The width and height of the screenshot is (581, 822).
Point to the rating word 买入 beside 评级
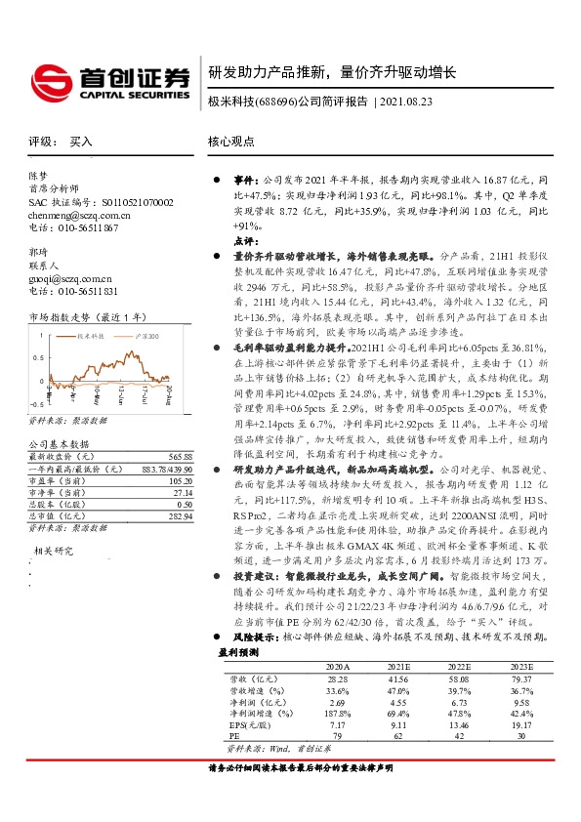(x=81, y=141)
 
